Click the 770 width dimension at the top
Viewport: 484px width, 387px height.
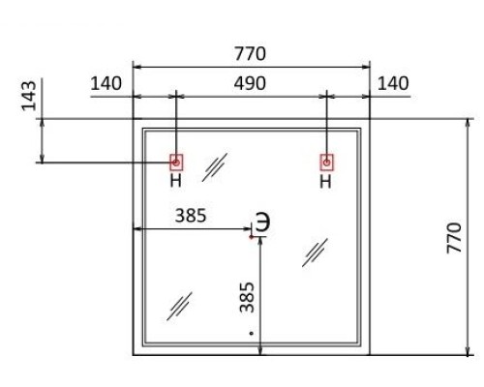pos(250,54)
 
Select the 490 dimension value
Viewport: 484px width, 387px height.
pos(250,83)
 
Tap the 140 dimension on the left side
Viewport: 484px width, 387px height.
pos(106,83)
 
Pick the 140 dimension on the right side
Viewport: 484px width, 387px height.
pos(393,83)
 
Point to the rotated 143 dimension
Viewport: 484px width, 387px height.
pos(29,96)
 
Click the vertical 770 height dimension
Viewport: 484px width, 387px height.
pos(454,237)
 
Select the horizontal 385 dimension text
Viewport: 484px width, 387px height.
pos(191,216)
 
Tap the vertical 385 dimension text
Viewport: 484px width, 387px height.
pos(247,297)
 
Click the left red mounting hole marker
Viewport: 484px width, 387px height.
pos(176,163)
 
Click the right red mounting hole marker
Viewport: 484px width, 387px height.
pos(327,163)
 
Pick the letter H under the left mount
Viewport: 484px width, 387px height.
pos(176,181)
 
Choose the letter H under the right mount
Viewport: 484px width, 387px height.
pos(326,182)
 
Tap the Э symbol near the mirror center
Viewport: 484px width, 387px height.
pos(263,222)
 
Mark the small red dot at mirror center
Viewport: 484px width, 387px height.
pos(251,237)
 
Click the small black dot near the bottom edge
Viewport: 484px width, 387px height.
pos(251,333)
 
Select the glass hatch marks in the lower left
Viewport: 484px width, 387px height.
pos(179,306)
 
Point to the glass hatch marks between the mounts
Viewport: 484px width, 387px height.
pos(215,167)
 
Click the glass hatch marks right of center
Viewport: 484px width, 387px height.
pos(315,253)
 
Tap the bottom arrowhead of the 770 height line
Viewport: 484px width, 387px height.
pos(468,351)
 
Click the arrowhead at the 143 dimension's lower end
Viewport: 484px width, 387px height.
pos(42,158)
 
